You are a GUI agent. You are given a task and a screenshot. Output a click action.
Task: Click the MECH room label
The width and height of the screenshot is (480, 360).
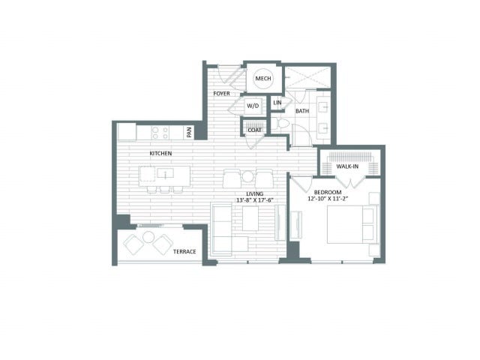[263, 78]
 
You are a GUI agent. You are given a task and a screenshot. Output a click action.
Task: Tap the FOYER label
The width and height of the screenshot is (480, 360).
[221, 93]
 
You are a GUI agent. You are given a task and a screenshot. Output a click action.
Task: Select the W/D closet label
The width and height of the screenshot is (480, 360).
[253, 106]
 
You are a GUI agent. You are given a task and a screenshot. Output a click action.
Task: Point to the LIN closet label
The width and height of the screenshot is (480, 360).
[277, 103]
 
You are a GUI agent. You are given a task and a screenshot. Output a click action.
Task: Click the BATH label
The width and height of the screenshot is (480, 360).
[302, 111]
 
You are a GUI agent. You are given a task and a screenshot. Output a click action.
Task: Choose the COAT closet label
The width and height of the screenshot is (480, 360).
[255, 130]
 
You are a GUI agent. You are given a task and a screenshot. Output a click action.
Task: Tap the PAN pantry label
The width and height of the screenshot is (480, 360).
[189, 132]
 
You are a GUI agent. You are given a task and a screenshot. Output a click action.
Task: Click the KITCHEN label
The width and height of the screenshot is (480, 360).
[160, 153]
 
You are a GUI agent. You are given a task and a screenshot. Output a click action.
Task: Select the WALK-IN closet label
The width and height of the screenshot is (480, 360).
[347, 166]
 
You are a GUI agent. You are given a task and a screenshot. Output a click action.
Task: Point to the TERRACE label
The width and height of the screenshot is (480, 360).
[184, 252]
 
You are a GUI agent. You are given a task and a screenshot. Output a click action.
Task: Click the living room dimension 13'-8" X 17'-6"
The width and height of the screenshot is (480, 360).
[255, 200]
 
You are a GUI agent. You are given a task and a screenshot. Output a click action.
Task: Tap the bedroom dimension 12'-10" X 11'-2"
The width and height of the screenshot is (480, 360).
[328, 199]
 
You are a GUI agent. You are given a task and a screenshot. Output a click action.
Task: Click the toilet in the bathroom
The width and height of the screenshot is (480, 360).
[280, 124]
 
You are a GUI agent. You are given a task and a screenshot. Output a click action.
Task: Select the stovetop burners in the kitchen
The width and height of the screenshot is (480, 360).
[160, 133]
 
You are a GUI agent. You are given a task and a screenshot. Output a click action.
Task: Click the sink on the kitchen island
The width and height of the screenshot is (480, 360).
[165, 173]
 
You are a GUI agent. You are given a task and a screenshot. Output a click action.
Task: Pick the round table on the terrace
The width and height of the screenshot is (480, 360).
[148, 237]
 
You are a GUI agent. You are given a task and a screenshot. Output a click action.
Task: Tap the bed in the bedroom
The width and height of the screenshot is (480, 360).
[352, 225]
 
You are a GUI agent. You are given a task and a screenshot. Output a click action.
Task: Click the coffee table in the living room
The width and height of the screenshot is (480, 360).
[250, 218]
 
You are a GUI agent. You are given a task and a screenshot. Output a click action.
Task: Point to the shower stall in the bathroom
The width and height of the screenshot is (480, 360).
[307, 77]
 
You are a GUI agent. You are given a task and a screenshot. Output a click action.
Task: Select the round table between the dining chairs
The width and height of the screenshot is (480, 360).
[247, 177]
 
